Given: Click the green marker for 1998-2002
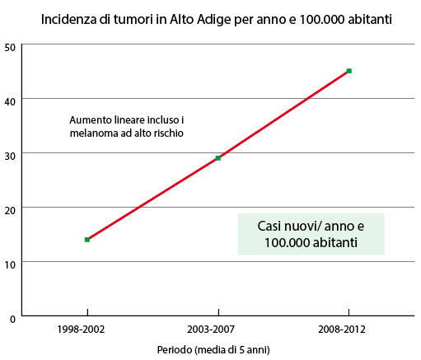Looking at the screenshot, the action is point(87,240).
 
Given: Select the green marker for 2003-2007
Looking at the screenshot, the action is point(218,158).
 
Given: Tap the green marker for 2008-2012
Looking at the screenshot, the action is point(349,71).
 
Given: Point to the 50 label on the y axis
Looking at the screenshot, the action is point(10,47).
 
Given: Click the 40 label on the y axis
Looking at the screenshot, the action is point(10,101).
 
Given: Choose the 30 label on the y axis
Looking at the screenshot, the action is point(10,156).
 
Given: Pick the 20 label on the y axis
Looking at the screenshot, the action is point(10,210).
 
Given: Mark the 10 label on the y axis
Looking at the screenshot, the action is point(10,264).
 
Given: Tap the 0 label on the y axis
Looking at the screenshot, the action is point(13,319).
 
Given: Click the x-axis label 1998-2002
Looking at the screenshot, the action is point(81,329).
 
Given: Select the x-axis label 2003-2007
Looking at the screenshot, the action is point(211,329).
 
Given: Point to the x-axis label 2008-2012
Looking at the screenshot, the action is point(342,329).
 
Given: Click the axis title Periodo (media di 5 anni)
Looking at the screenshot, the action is point(213,350).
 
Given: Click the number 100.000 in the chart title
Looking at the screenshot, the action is point(321,20).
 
